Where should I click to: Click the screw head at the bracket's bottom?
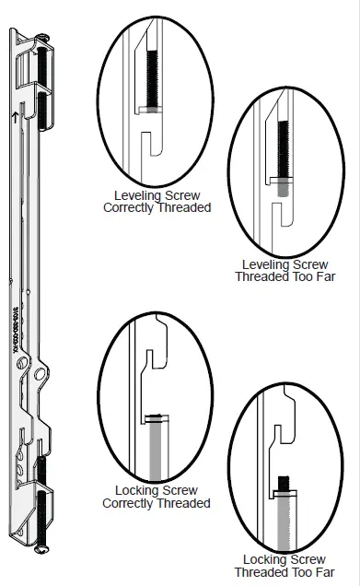tap(39, 550)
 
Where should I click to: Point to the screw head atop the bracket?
tap(43, 36)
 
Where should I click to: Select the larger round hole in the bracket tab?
tap(41, 375)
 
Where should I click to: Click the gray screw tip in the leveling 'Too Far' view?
tap(280, 186)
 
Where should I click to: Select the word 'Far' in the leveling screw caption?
tap(319, 275)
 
